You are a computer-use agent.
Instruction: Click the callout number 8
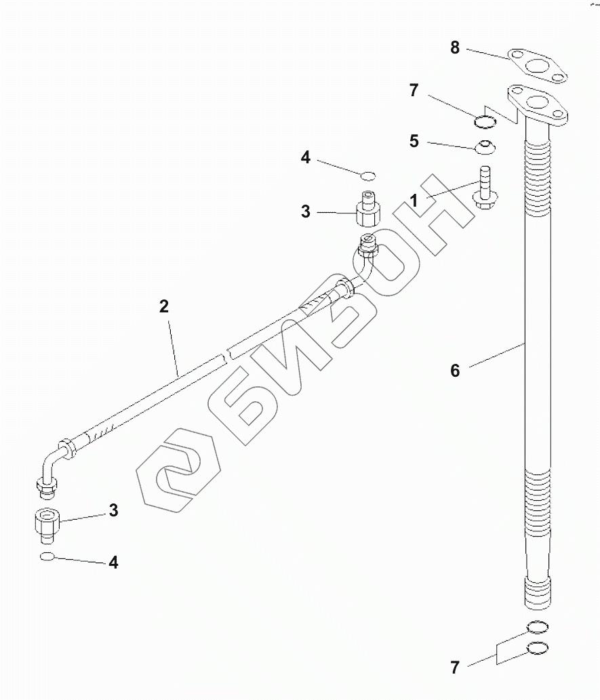[455, 47]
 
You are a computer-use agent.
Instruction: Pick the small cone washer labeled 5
[485, 146]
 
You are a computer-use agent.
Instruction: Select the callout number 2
[163, 306]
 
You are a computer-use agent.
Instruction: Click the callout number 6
[455, 371]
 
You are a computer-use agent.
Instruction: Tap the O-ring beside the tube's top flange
[485, 121]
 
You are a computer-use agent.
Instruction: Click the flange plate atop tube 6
[539, 106]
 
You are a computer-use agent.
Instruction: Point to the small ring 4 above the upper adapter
[367, 176]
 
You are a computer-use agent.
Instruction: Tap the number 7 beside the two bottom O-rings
[455, 667]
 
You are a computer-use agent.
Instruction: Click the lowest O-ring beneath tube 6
[536, 650]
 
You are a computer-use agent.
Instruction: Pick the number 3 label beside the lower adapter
[113, 510]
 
